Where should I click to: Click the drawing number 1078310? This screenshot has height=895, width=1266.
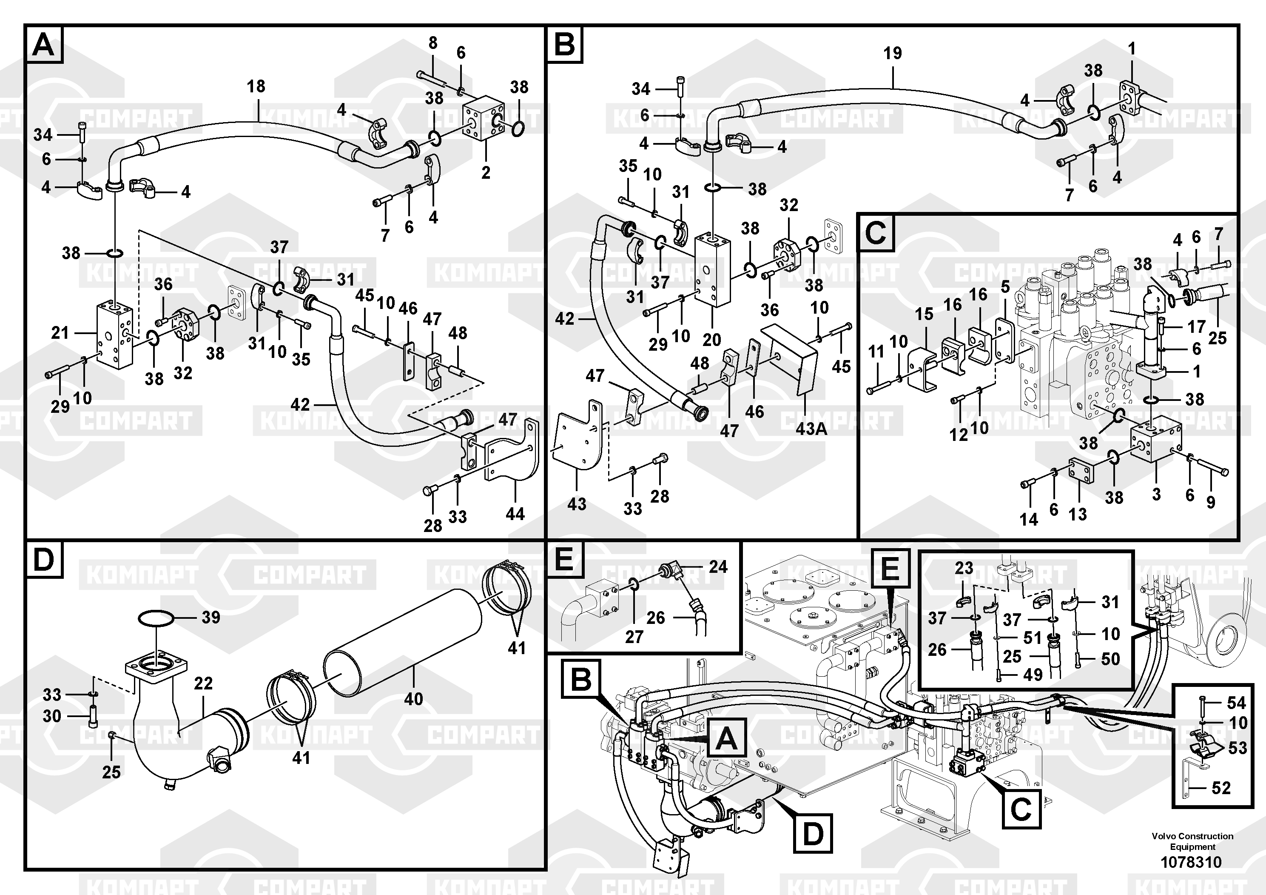click(1191, 862)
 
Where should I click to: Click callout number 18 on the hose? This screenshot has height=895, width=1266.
click(256, 87)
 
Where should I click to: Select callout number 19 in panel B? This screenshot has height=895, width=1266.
click(892, 54)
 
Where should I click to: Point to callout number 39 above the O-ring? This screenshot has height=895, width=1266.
click(211, 617)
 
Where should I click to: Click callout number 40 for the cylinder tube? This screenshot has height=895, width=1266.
click(413, 699)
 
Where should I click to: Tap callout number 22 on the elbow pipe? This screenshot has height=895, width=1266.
click(203, 683)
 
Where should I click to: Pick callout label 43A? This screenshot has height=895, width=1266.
click(811, 428)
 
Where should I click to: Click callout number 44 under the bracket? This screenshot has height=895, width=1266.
click(515, 514)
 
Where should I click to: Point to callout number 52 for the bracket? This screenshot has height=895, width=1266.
click(1221, 787)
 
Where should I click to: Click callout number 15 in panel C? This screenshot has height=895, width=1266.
click(924, 314)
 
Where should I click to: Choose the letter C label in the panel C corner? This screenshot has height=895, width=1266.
click(876, 232)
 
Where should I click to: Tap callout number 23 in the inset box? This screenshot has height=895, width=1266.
click(964, 568)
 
